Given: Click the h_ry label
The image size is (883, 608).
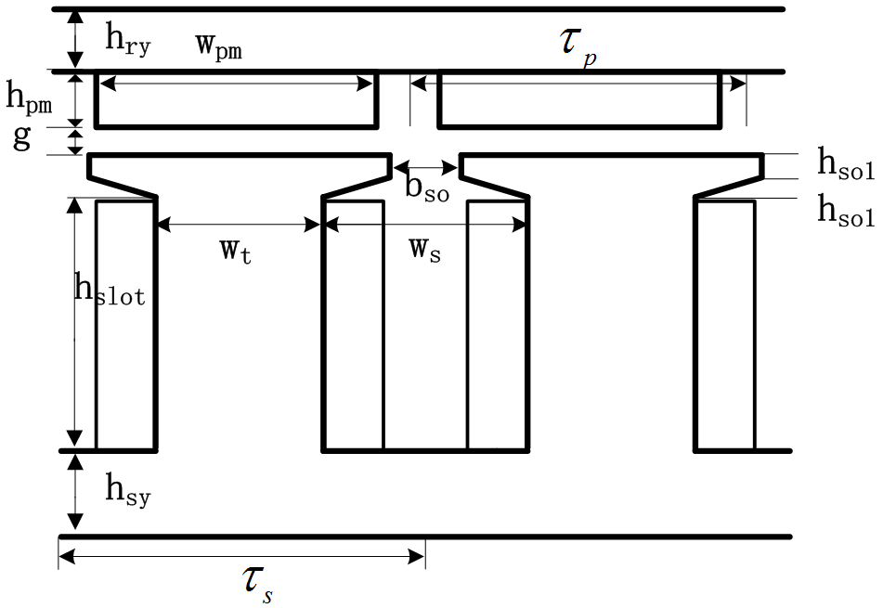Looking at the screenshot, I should pyautogui.click(x=127, y=38).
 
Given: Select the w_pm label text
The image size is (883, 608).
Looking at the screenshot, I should pyautogui.click(x=219, y=46).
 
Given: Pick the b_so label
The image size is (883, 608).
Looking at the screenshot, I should pyautogui.click(x=426, y=187).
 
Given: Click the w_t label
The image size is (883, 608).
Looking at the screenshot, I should pyautogui.click(x=235, y=251).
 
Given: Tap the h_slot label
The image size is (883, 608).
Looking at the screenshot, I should pyautogui.click(x=110, y=291).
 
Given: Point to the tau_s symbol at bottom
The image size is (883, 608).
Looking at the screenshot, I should pyautogui.click(x=257, y=583).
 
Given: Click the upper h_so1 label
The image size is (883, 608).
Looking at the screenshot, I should pyautogui.click(x=845, y=164).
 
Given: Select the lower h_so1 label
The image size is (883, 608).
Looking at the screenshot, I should pyautogui.click(x=845, y=213).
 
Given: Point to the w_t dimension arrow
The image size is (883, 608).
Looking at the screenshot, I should pyautogui.click(x=239, y=224).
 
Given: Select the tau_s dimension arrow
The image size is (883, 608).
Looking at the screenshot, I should pyautogui.click(x=241, y=556).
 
